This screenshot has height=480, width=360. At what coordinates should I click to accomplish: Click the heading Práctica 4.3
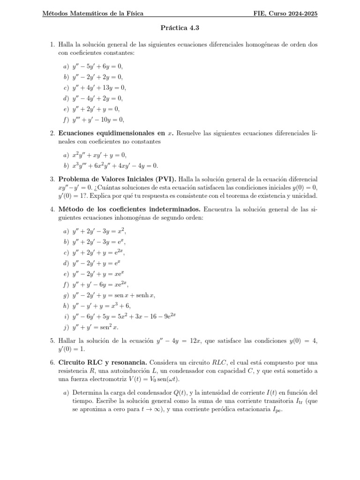(x=180, y=28)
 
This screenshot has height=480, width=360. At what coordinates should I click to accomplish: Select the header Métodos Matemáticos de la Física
(x=93, y=14)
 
